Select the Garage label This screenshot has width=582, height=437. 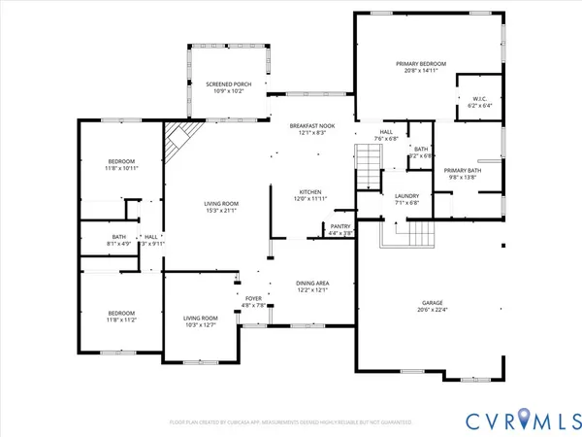tap(432, 302)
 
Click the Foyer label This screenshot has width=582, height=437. tap(252, 300)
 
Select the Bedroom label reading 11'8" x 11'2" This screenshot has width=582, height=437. tap(121, 315)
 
